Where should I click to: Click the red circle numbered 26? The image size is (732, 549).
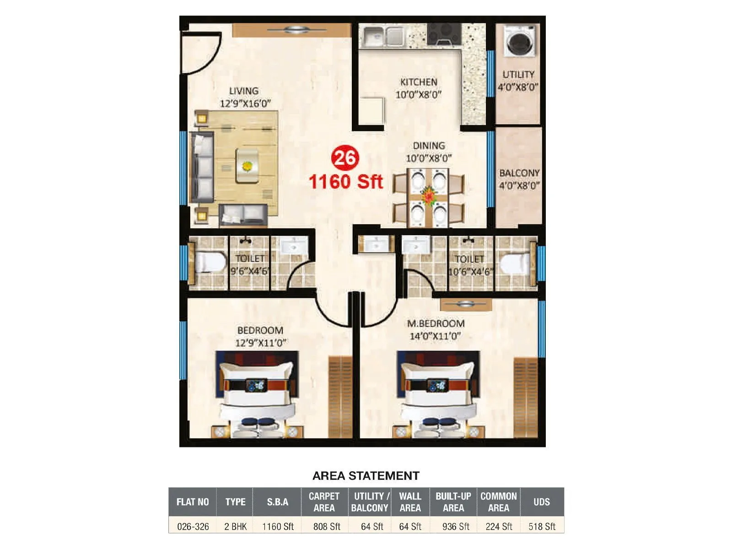click(345, 158)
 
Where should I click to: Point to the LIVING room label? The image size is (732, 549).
click(244, 91)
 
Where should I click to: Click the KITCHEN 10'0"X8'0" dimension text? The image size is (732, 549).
click(418, 95)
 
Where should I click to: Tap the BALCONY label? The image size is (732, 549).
click(519, 173)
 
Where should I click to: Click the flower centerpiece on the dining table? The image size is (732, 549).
click(429, 195)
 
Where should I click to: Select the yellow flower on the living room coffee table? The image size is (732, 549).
click(248, 166)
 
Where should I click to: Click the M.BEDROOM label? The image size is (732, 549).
click(436, 323)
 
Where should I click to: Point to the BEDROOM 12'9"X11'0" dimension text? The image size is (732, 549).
click(260, 343)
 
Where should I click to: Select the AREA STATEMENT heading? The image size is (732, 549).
click(366, 476)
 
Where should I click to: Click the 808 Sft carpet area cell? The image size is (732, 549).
click(326, 527)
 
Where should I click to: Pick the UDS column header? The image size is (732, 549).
click(542, 502)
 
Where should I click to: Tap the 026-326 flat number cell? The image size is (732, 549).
click(193, 527)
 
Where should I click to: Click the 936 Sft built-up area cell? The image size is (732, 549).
click(455, 527)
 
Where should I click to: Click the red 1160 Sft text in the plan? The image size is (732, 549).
click(345, 182)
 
